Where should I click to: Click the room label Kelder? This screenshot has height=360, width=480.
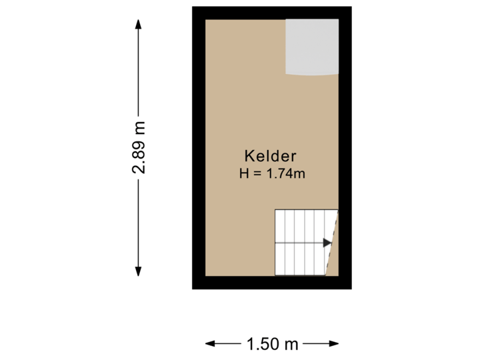(270, 157)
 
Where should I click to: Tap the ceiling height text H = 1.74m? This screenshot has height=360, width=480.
(272, 175)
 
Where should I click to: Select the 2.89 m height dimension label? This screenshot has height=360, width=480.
(139, 146)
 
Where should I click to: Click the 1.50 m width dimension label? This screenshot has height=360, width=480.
(272, 344)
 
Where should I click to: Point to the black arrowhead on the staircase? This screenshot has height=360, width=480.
(327, 243)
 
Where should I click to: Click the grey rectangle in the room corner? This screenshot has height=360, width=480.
(312, 46)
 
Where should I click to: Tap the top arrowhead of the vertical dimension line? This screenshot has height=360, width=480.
(139, 24)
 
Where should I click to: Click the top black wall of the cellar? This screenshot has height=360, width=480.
(272, 13)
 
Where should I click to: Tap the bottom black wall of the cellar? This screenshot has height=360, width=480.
(272, 283)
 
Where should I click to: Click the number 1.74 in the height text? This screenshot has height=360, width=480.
(281, 175)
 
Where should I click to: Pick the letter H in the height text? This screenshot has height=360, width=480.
(244, 175)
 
